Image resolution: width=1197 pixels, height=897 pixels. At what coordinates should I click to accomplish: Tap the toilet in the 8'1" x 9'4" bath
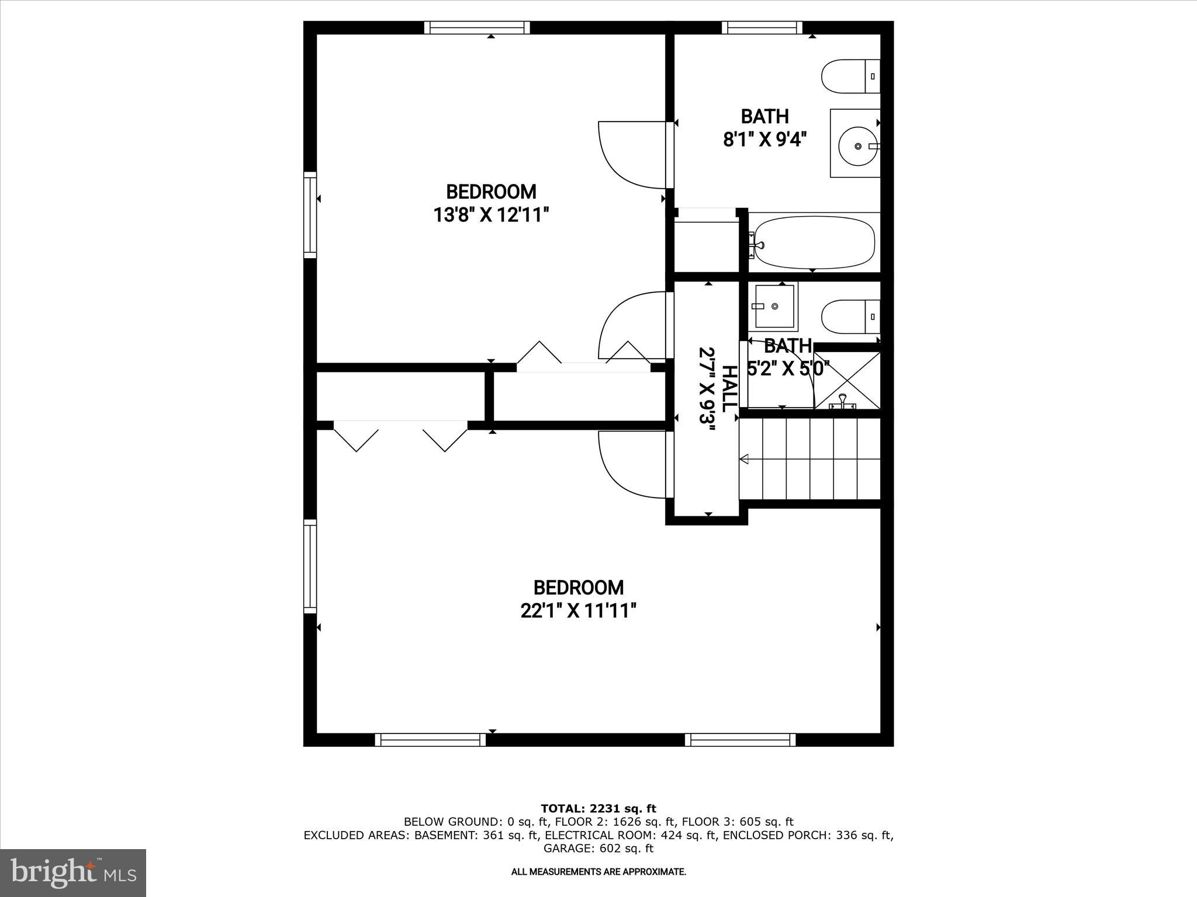(x=850, y=76)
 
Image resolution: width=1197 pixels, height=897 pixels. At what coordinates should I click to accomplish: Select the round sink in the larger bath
(x=857, y=145)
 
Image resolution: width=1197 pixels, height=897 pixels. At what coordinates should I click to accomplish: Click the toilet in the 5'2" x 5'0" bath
(x=850, y=317)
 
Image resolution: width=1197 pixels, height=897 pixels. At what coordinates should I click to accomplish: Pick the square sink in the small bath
(x=774, y=306)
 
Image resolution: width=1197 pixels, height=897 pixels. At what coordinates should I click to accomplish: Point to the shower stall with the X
(x=847, y=380)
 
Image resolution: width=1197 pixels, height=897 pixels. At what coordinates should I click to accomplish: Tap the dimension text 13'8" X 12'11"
(x=491, y=215)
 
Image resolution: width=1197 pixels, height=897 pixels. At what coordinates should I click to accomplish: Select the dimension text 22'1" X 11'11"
(x=578, y=611)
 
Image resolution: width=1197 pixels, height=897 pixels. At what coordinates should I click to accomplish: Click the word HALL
(x=729, y=388)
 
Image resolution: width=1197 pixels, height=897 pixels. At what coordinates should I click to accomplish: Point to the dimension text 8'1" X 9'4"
(x=764, y=140)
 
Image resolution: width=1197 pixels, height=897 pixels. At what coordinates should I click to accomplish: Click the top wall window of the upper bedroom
(x=477, y=27)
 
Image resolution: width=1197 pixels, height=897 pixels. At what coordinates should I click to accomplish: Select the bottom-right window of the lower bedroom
(x=740, y=740)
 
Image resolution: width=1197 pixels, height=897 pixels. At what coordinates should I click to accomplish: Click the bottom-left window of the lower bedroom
(x=430, y=740)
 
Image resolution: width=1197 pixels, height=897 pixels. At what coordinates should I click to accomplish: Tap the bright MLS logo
(x=73, y=872)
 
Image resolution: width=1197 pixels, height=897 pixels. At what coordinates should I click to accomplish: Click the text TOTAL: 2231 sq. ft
(x=598, y=809)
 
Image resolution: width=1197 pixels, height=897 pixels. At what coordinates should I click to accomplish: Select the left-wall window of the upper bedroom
(x=310, y=215)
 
